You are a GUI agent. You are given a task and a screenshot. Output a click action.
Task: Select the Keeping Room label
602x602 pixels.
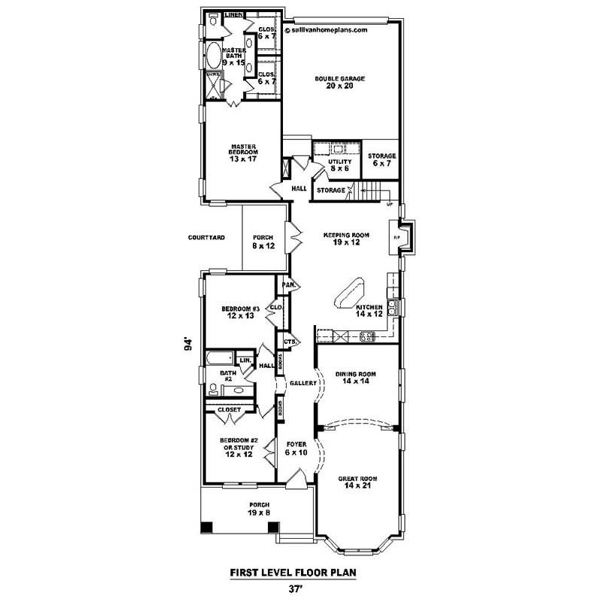click(342, 239)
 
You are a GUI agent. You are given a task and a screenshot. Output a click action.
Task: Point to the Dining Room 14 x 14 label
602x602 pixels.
click(357, 378)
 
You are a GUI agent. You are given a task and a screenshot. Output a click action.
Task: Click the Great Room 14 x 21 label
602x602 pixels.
click(357, 483)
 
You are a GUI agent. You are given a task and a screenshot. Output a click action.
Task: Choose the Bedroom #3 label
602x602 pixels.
click(240, 312)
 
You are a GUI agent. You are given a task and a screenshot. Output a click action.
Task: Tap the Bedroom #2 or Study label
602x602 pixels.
click(236, 448)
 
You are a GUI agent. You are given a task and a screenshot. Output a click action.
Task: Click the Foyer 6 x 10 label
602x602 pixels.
click(296, 449)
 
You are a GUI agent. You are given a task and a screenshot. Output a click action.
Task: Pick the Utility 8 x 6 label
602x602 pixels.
click(339, 166)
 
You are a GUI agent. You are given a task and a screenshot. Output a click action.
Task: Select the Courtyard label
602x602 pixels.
click(207, 237)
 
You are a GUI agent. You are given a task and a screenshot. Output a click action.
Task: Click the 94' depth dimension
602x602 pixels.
click(190, 343)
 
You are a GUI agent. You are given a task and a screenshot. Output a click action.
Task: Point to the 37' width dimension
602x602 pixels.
click(293, 589)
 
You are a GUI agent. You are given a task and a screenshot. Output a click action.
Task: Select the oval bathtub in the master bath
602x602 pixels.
click(213, 56)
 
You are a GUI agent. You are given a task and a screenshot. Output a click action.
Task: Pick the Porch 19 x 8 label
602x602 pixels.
click(259, 509)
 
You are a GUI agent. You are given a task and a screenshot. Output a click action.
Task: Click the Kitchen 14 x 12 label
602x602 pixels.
click(369, 311)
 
